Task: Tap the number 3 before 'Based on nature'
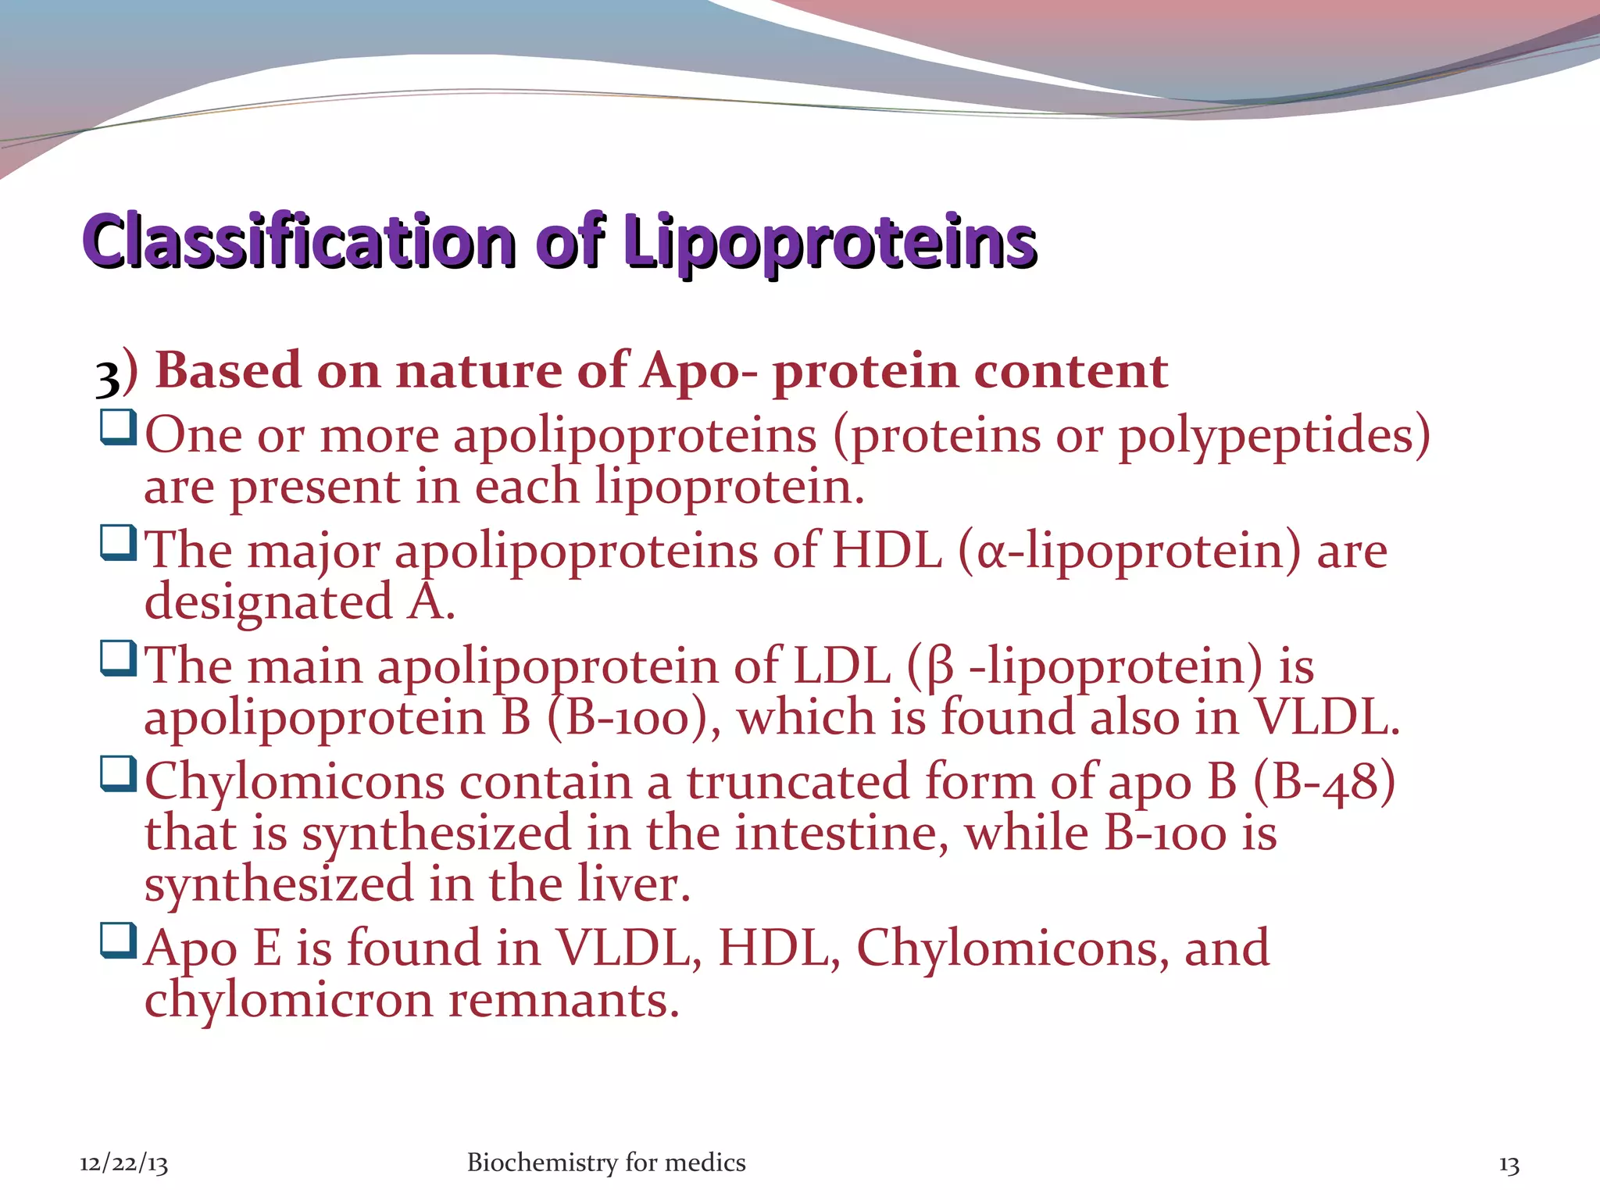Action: pos(107,376)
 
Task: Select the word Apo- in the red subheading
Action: pos(698,370)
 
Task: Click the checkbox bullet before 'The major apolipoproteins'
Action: pos(118,543)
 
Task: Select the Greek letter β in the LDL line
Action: pos(941,669)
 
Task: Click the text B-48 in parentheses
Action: pos(1323,781)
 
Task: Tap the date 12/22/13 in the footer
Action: pos(123,1164)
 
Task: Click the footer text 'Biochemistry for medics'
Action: pos(605,1162)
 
